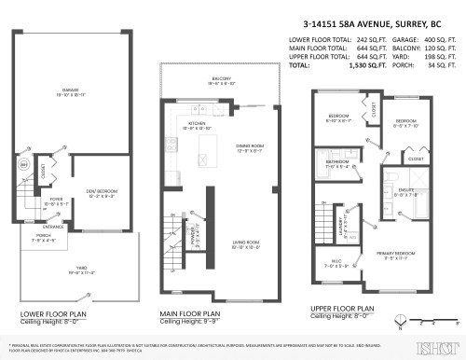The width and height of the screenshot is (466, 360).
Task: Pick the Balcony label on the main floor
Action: click(x=221, y=79)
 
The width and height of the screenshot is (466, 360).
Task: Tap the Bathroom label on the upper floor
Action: click(x=336, y=162)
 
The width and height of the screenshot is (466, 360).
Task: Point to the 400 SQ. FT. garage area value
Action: click(x=434, y=41)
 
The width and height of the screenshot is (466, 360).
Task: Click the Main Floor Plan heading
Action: click(x=191, y=313)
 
